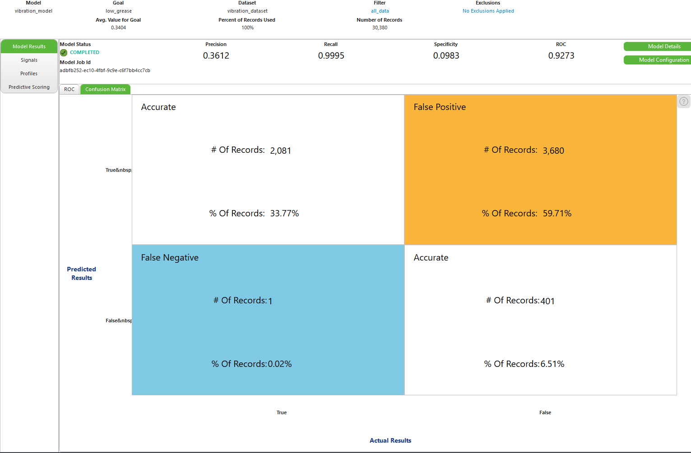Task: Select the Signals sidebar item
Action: tap(29, 60)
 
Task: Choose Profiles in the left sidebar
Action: tap(29, 73)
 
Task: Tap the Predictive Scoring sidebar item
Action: tap(29, 87)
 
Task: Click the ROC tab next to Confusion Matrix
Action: tap(69, 89)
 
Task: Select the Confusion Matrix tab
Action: tap(105, 89)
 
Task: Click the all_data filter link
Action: tap(380, 11)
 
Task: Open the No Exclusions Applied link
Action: tap(488, 11)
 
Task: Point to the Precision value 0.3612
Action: tap(216, 55)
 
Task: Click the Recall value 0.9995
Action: tap(331, 55)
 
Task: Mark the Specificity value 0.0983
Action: tap(446, 55)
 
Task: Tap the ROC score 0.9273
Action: tap(561, 55)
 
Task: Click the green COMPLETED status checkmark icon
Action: tap(64, 53)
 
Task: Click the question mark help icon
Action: tap(684, 101)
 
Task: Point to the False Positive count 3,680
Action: tap(553, 151)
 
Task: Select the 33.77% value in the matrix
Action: tap(284, 213)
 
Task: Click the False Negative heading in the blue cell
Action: tap(170, 257)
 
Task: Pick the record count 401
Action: tap(547, 301)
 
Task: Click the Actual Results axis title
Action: tap(390, 440)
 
